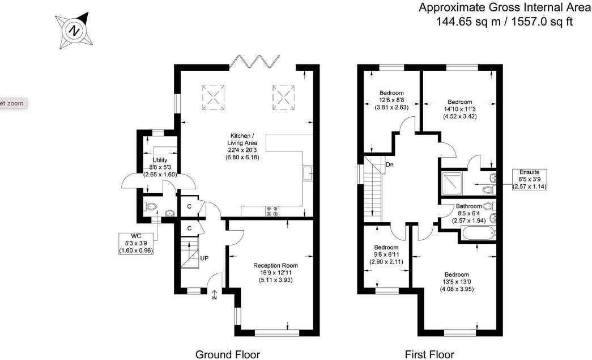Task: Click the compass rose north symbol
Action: (x=74, y=31)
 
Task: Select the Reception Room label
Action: (x=276, y=272)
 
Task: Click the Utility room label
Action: (x=160, y=167)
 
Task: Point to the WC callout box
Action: (x=136, y=243)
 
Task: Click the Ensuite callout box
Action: (x=529, y=180)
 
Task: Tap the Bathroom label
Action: (x=469, y=213)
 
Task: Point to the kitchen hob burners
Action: (x=272, y=212)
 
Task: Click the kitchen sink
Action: (x=308, y=174)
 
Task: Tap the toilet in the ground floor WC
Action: (x=151, y=207)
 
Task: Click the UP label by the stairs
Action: (x=205, y=259)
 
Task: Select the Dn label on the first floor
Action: (x=390, y=165)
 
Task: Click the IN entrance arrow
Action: (x=215, y=295)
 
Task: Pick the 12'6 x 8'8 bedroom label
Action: (x=391, y=100)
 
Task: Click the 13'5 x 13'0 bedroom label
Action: (x=457, y=282)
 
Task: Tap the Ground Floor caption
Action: (x=228, y=355)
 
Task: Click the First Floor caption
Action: (x=429, y=355)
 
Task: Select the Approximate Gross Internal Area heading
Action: (x=505, y=7)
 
